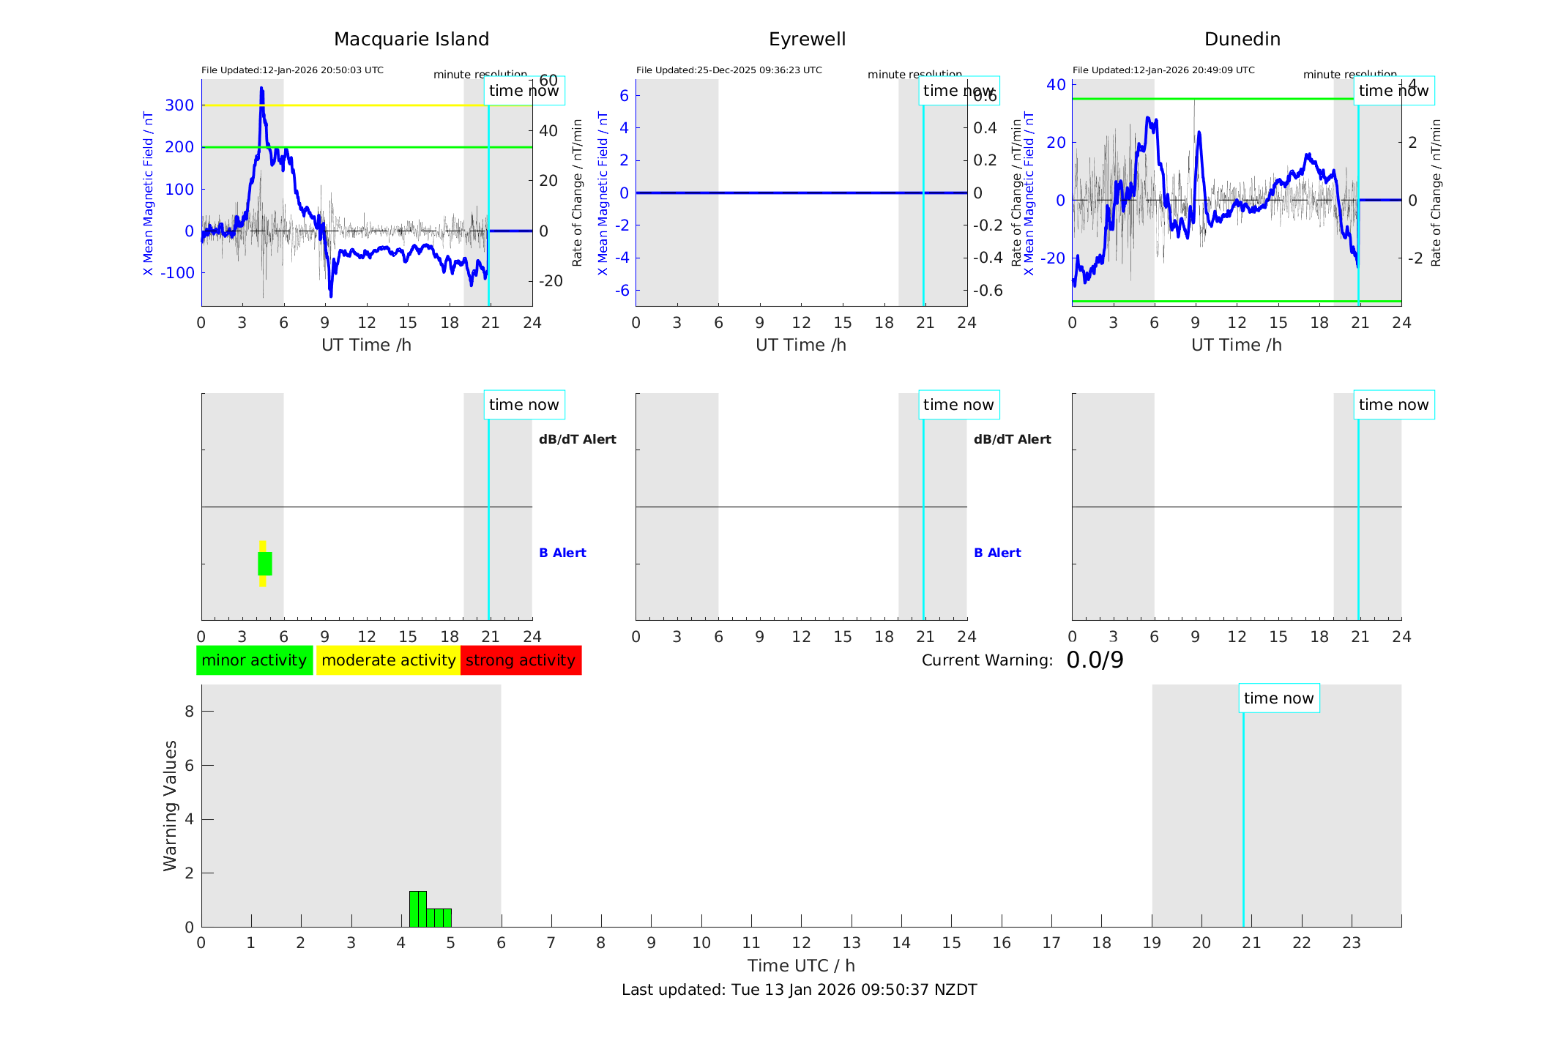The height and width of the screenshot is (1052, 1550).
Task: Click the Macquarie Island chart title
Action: (x=411, y=40)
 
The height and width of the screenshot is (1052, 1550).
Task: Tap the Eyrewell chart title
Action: (x=807, y=40)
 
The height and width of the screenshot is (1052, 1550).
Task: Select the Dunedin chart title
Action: (x=1242, y=40)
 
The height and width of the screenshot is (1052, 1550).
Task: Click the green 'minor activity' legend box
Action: (x=254, y=660)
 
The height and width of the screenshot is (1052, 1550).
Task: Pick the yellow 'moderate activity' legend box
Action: (x=388, y=660)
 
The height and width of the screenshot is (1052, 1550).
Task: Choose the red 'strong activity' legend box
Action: (x=521, y=660)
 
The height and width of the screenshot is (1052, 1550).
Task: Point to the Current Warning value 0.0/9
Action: (x=1095, y=660)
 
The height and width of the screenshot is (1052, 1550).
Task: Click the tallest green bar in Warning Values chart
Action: (x=417, y=909)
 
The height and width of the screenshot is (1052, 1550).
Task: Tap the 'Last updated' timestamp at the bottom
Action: (x=799, y=990)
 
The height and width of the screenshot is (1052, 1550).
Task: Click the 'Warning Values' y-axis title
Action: (x=171, y=805)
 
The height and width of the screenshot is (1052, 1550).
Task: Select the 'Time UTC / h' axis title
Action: (x=801, y=966)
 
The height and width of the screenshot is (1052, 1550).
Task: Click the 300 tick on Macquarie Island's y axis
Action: (x=179, y=105)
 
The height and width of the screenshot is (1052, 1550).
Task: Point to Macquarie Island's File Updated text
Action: (x=292, y=70)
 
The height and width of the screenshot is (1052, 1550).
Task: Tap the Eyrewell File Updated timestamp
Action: (x=729, y=70)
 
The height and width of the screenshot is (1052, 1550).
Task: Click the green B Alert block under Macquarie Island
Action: (x=265, y=564)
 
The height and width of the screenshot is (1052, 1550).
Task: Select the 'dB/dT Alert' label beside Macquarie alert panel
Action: (x=577, y=439)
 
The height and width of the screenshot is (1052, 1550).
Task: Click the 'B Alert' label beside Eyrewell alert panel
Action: (x=996, y=553)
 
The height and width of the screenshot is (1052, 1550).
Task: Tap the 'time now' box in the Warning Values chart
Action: (x=1278, y=698)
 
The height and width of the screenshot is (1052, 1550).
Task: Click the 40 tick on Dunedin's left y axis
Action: (x=1056, y=85)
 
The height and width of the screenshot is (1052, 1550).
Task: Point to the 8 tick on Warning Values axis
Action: (x=190, y=712)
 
